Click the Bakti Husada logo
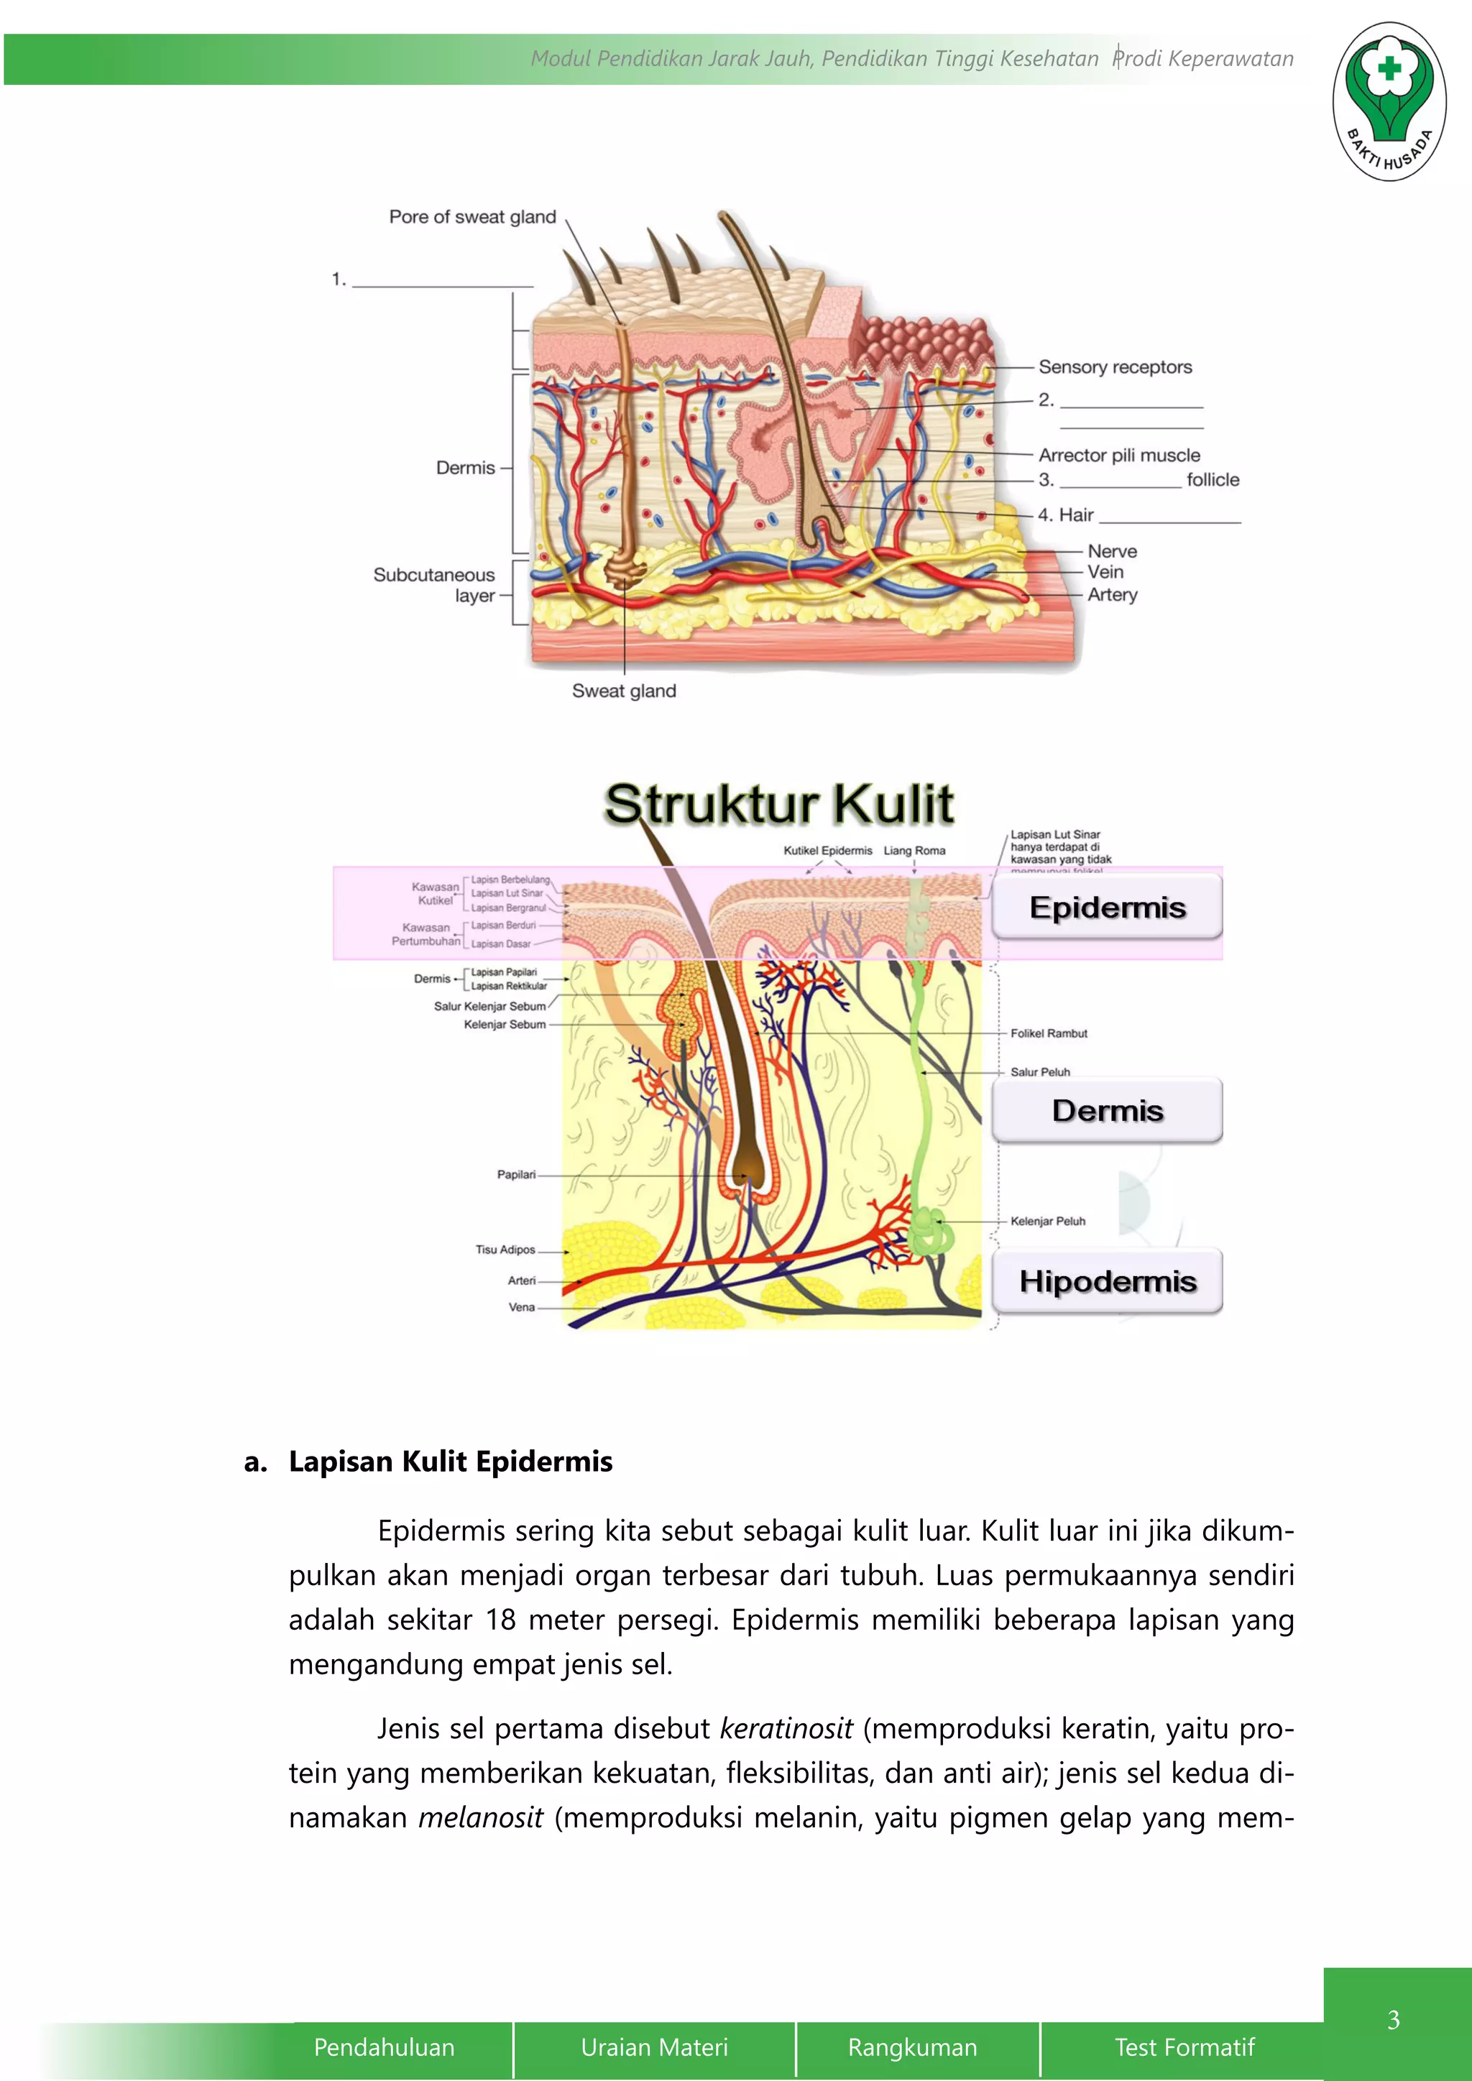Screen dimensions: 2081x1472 [x=1389, y=101]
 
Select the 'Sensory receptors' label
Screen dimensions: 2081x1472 [x=1115, y=367]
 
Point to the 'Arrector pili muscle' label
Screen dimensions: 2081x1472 [x=1118, y=455]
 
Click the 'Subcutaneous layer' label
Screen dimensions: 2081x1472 [x=435, y=585]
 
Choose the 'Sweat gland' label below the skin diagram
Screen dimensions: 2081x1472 [x=624, y=691]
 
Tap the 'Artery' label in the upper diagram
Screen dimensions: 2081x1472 [x=1112, y=594]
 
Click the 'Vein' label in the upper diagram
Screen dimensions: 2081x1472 [x=1105, y=572]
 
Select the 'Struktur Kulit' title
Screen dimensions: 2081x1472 [x=778, y=804]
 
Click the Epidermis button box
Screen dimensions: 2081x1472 [x=1107, y=908]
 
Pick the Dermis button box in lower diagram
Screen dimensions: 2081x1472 [x=1107, y=1110]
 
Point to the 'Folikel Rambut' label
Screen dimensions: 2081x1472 [x=1049, y=1033]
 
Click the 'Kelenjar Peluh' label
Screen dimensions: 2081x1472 [x=1048, y=1221]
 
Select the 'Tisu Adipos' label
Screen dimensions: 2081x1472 [x=505, y=1250]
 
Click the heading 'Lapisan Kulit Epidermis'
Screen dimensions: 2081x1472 [x=451, y=1461]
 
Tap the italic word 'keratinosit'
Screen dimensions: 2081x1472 [x=786, y=1728]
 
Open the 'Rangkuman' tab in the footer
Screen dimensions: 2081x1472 [x=913, y=2047]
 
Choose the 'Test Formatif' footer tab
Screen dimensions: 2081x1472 [x=1184, y=2047]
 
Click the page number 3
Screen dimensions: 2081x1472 [x=1393, y=2019]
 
